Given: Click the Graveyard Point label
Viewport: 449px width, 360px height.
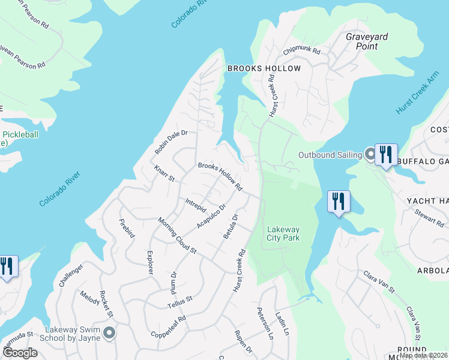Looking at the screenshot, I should point(366,41).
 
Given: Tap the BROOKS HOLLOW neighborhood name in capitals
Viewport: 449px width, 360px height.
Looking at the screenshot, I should point(264,69).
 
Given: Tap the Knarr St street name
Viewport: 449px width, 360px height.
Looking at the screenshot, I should point(164,174).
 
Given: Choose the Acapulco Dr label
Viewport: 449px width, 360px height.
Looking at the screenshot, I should point(211,217).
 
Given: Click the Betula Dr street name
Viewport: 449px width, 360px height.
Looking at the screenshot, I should point(231,227).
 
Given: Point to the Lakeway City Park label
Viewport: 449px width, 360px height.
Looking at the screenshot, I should point(283,233).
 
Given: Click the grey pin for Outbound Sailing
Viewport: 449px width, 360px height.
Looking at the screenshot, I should point(370,155).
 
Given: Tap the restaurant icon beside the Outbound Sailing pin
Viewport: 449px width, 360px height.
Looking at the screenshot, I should point(387,154).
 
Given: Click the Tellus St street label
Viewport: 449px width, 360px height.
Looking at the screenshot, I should point(179,302).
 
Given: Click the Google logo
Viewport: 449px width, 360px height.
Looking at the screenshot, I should point(19,353).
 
